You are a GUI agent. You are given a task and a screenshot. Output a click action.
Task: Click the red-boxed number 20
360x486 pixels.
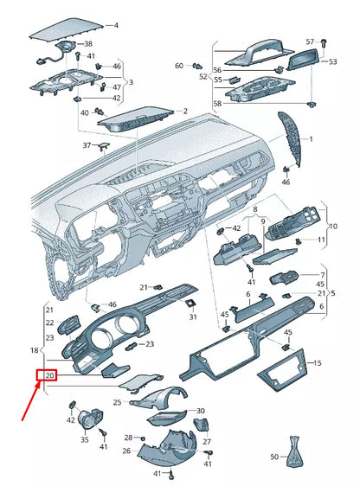(48, 376)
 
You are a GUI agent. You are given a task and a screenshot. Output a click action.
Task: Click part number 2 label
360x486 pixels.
(184, 112)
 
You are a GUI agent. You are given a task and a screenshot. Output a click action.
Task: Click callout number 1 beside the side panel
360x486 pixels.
(312, 138)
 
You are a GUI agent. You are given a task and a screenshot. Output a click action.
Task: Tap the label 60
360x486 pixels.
(179, 66)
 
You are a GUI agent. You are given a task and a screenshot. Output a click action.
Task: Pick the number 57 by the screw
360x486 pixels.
(310, 42)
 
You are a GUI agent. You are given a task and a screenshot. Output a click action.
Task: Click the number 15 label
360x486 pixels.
(316, 363)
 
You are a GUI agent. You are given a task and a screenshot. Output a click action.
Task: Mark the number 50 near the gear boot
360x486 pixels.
(274, 456)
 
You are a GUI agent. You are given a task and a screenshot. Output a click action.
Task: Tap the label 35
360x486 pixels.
(85, 440)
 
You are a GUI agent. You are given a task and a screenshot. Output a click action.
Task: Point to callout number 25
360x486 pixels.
(117, 402)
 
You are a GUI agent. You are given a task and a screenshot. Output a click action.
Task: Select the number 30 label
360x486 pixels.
(201, 411)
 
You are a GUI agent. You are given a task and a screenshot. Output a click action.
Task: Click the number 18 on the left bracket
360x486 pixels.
(35, 350)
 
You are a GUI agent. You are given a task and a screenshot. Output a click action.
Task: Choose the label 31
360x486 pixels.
(193, 317)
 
